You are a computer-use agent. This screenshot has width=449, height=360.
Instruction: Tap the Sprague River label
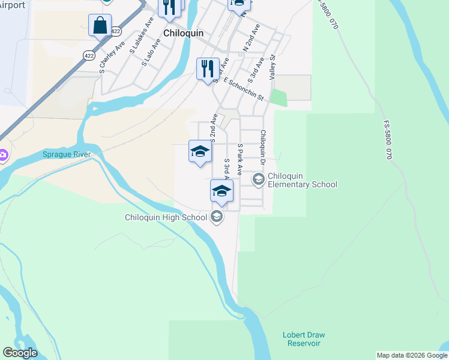click(67, 155)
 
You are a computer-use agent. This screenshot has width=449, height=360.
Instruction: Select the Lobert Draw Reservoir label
click(301, 339)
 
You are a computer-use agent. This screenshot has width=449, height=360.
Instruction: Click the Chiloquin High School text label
click(166, 217)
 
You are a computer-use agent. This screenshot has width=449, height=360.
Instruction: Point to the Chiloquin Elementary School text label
click(303, 180)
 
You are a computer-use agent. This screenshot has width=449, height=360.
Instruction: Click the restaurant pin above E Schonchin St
click(208, 68)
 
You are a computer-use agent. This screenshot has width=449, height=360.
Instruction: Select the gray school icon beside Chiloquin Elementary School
click(258, 179)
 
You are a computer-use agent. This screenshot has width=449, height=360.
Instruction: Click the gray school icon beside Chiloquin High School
click(217, 217)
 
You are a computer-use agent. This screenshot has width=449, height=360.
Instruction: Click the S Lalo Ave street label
click(151, 52)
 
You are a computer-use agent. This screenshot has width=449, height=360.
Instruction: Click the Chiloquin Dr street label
click(262, 147)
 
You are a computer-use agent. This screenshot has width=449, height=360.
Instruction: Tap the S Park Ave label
click(240, 159)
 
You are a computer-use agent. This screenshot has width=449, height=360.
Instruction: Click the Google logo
click(20, 353)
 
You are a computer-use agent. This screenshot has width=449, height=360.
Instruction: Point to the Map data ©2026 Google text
click(412, 355)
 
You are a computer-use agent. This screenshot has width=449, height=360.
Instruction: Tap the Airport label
click(13, 5)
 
